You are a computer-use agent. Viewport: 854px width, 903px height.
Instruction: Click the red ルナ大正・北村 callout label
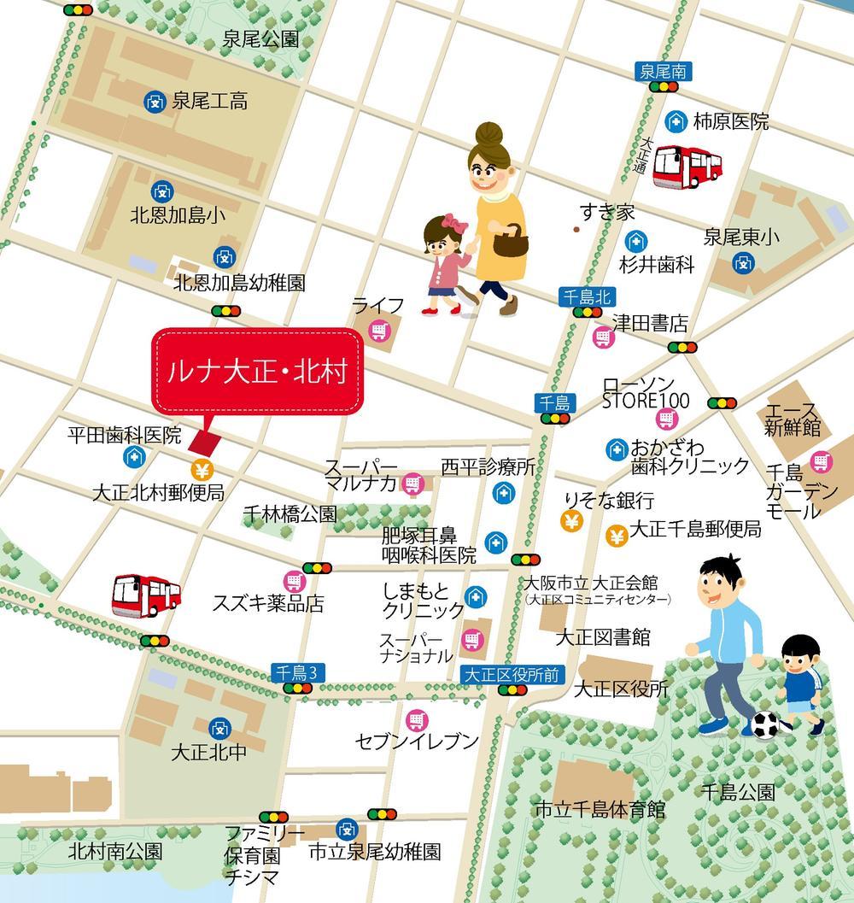(x=257, y=372)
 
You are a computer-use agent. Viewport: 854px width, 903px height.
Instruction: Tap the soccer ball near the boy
(x=765, y=724)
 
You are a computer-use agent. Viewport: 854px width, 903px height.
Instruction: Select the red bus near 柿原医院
(x=687, y=167)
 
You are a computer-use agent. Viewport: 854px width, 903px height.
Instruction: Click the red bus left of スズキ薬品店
(x=146, y=595)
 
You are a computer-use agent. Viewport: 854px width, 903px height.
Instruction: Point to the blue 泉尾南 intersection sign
(x=662, y=72)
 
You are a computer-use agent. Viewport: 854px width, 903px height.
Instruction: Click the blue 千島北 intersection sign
(x=586, y=296)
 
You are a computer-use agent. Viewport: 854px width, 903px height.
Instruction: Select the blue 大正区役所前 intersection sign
(x=511, y=674)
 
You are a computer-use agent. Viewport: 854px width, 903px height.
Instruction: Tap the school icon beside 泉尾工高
(x=155, y=102)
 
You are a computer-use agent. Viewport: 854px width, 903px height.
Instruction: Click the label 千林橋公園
(x=290, y=513)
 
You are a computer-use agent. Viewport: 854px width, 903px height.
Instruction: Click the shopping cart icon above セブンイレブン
(x=416, y=719)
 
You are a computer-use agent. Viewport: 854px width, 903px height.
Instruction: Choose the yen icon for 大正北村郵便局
(x=202, y=468)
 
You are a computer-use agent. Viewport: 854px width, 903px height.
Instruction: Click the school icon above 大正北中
(x=219, y=728)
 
